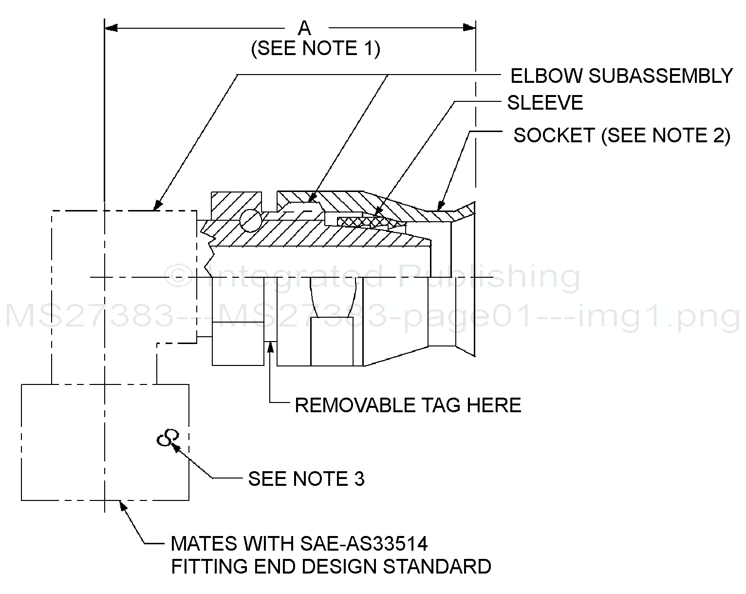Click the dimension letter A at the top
tap(304, 28)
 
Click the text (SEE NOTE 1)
tap(316, 49)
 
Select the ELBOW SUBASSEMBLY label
tap(621, 76)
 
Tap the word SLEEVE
tap(545, 103)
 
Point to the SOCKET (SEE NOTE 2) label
tap(622, 135)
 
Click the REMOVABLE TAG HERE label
tap(408, 405)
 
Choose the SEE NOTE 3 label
tap(306, 479)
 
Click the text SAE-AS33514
tap(363, 543)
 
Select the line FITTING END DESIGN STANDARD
tap(331, 566)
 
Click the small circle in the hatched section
tap(251, 220)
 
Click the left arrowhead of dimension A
tap(111, 27)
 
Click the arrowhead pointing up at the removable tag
tap(270, 346)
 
